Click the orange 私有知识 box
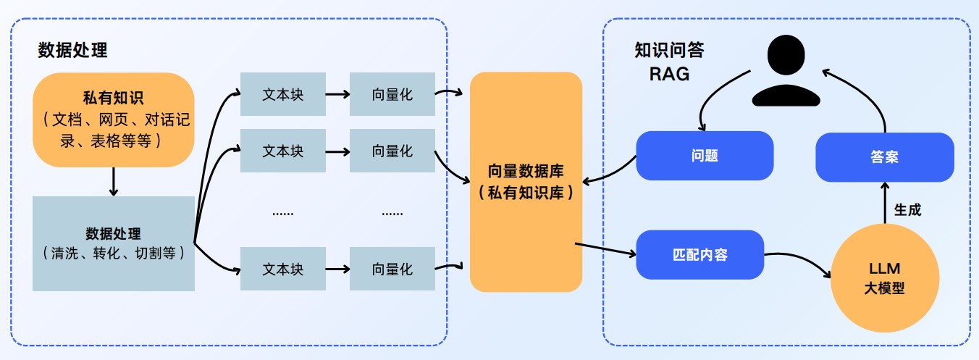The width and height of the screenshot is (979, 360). point(113,120)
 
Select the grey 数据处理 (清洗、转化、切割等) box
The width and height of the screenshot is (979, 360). point(113,243)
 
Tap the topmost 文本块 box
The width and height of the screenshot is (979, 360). point(282,94)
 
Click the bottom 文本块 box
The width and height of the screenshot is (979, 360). point(282,269)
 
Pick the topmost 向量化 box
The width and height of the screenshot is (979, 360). point(392,94)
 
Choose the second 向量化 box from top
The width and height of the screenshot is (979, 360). point(392,151)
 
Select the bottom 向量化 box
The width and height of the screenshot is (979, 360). point(392,269)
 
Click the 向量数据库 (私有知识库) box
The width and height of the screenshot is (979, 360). point(526,182)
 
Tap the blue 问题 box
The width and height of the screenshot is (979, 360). point(705,156)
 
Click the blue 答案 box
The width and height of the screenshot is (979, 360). point(884,156)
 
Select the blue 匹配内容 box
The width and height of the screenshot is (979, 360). point(699,255)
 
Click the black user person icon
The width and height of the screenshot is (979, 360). point(776,71)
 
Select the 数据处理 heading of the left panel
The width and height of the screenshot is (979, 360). point(72,51)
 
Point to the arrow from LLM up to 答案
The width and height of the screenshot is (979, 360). point(884,203)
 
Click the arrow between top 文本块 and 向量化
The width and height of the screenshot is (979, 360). point(337,94)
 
